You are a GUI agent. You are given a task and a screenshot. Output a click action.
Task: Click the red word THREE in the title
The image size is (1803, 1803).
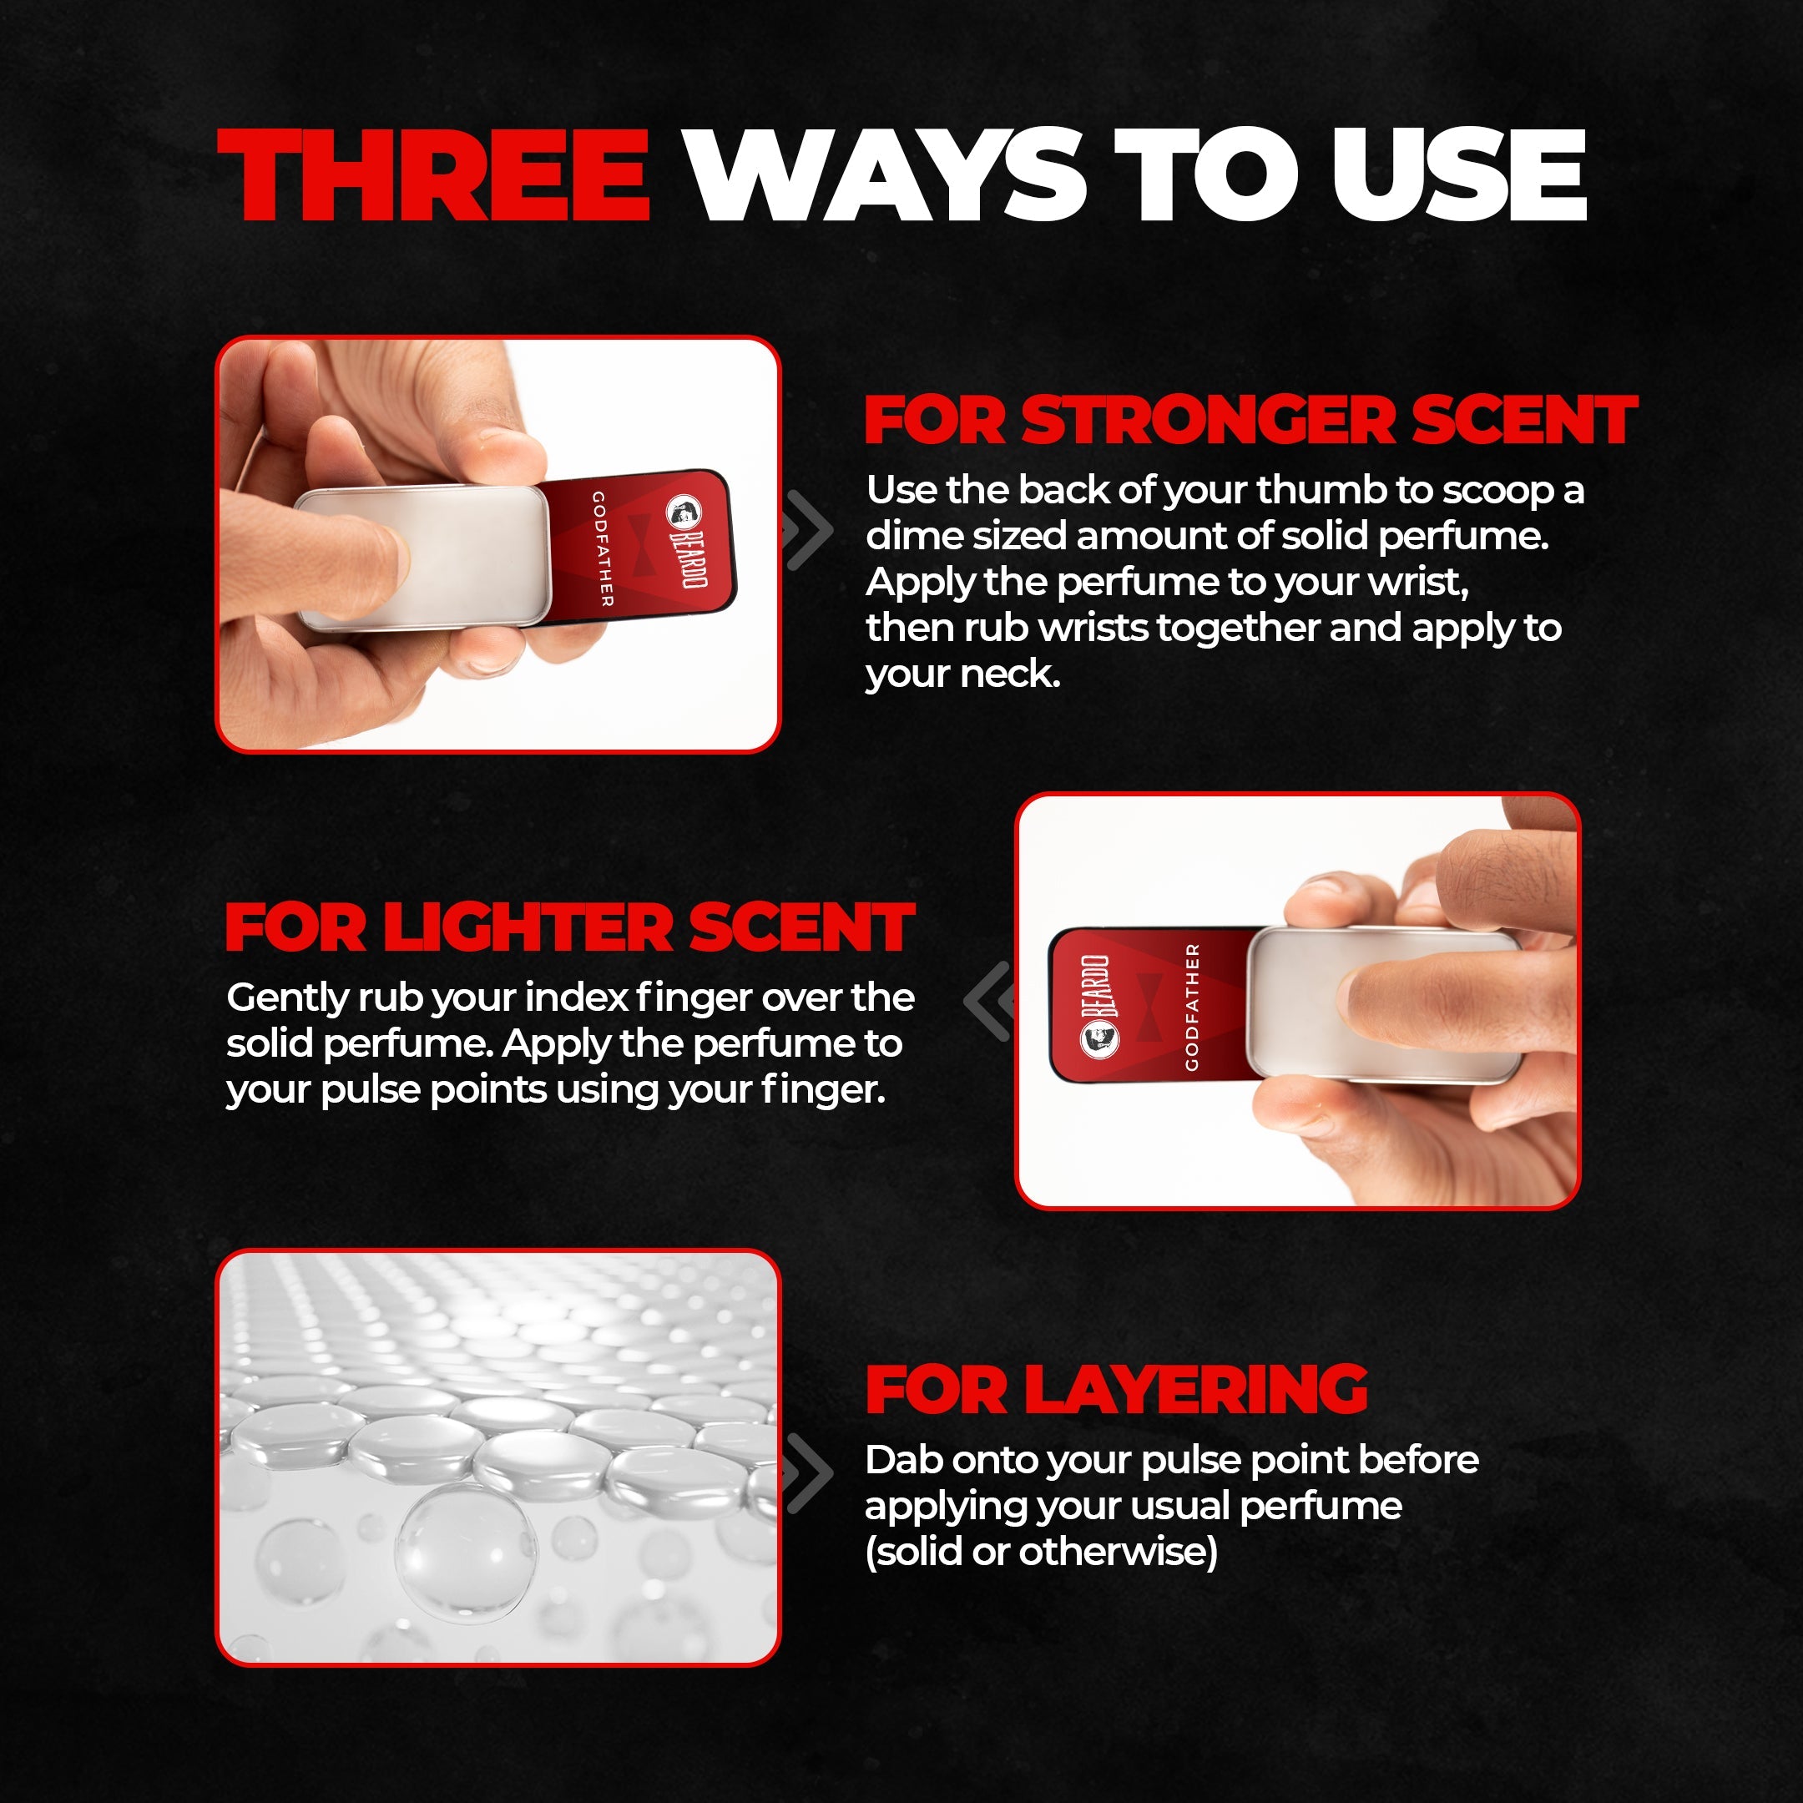pyautogui.click(x=434, y=175)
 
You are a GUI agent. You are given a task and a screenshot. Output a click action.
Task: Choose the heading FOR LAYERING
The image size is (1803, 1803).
pyautogui.click(x=1116, y=1390)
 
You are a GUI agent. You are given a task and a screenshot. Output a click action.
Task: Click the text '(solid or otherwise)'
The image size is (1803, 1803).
pyautogui.click(x=1042, y=1553)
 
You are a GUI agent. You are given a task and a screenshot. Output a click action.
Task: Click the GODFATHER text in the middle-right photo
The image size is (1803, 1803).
pyautogui.click(x=1192, y=1007)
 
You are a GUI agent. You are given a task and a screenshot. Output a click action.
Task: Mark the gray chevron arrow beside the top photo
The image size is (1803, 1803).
pyautogui.click(x=806, y=529)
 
